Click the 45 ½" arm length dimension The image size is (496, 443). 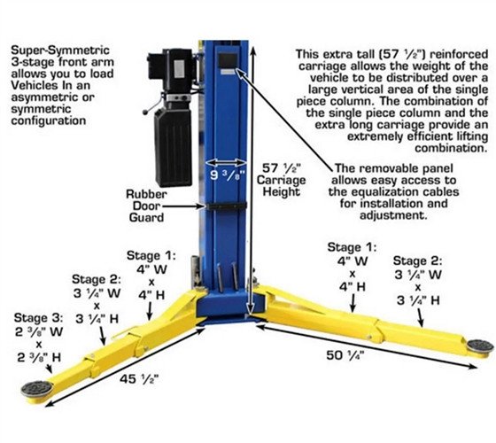click(139, 379)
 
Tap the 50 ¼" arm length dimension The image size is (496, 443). click(345, 355)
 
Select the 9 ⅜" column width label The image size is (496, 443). click(228, 175)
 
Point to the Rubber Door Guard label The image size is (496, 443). click(146, 206)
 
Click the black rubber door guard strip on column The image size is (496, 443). click(227, 206)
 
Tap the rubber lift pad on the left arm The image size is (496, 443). click(37, 388)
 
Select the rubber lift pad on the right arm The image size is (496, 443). click(481, 346)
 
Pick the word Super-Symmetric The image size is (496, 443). click(60, 50)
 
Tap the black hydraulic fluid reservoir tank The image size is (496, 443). click(173, 147)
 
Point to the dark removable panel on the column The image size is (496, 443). click(228, 61)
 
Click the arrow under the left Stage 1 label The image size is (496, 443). click(150, 310)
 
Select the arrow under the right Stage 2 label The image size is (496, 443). click(420, 317)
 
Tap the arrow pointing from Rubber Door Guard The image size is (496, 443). click(182, 206)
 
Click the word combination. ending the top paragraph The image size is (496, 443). click(452, 148)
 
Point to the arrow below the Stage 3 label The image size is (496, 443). click(49, 369)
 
